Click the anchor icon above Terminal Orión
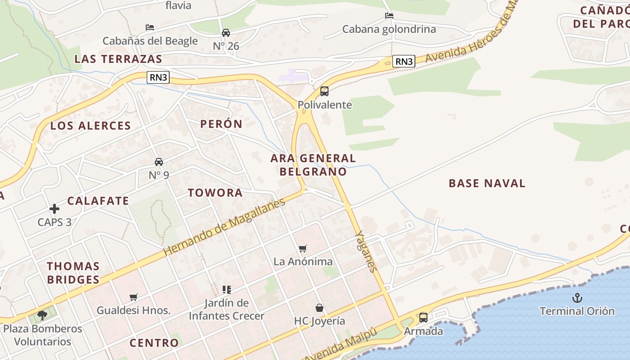point(577,298)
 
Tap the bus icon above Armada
point(423,318)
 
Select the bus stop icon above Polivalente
point(324,91)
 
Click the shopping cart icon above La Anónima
point(303,248)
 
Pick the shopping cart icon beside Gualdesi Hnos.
point(133,297)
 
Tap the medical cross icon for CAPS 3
point(54,209)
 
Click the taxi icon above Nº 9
point(159,162)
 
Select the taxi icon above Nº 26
point(226,33)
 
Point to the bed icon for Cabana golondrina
point(389,16)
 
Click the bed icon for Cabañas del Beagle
point(150,28)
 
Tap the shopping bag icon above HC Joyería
point(319,308)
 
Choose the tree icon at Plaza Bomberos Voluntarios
point(42,315)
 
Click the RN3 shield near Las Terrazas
point(158,77)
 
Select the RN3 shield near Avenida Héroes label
point(403,61)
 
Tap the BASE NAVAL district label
point(487,183)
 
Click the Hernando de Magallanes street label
point(225,227)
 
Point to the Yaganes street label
point(366,252)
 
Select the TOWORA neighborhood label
point(215,193)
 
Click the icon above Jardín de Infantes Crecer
point(226,290)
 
